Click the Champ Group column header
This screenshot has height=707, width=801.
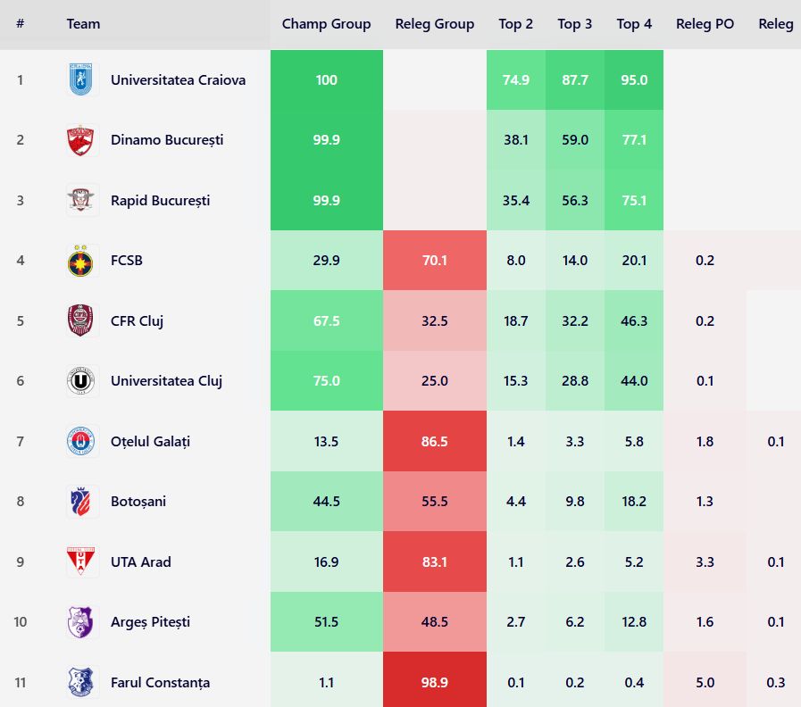[326, 24]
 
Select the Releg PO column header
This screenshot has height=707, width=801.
[705, 24]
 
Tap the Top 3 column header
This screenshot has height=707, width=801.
[574, 24]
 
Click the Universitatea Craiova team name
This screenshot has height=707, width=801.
[178, 79]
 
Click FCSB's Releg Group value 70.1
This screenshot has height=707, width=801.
[434, 261]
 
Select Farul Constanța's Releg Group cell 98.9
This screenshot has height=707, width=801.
[434, 683]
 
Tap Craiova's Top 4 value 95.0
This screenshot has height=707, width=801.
[633, 79]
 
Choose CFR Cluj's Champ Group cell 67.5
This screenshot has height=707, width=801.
[326, 321]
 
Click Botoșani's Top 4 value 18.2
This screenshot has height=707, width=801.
[633, 502]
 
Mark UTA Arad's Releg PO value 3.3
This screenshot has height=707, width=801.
[705, 562]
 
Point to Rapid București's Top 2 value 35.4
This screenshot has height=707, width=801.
[515, 201]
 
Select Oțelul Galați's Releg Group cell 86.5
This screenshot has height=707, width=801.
[434, 442]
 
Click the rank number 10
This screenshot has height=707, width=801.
[20, 622]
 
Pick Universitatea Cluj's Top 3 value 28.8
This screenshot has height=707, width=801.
[574, 381]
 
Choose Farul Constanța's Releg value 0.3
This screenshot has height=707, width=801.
[775, 683]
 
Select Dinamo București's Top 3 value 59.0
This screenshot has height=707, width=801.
[574, 140]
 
